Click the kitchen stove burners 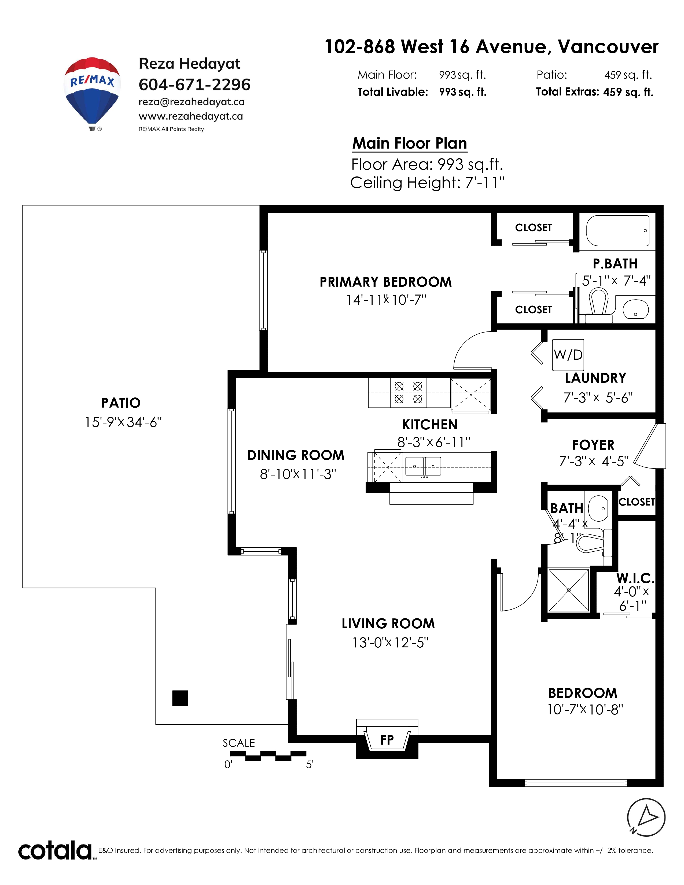pyautogui.click(x=409, y=393)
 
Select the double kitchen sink pyautogui.click(x=423, y=466)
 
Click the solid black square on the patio pyautogui.click(x=180, y=698)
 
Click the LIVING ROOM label pyautogui.click(x=388, y=624)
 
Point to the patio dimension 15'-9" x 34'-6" pyautogui.click(x=123, y=422)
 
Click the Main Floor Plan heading pyautogui.click(x=410, y=143)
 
